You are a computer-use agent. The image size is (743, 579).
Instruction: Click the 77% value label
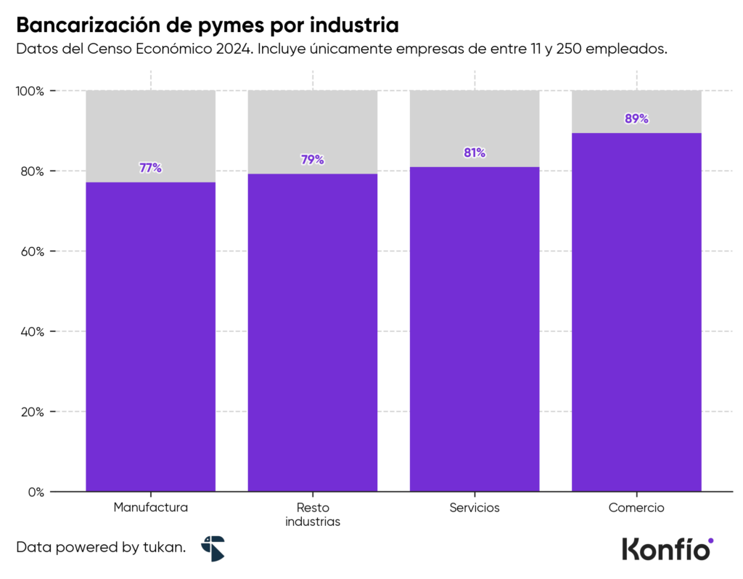coord(150,168)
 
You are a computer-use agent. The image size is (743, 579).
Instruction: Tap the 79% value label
coord(312,160)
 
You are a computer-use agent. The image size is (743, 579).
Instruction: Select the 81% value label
coord(475,153)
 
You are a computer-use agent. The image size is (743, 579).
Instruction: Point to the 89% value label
coord(636,118)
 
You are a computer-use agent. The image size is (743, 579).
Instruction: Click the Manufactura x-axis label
coord(150,508)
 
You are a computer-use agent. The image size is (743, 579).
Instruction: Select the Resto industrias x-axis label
coord(312,514)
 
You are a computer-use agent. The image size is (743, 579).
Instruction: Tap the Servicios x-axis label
coord(475,508)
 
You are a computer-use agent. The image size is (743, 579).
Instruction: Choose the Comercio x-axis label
coord(636,508)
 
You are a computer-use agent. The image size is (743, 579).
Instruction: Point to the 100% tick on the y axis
coord(30,92)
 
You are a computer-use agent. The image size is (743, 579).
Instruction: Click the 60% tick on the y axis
coord(32,251)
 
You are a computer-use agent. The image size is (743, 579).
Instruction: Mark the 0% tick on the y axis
coord(36,492)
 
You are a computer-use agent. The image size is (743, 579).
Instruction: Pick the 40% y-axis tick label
coord(32,332)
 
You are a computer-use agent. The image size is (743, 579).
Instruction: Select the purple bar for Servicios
coord(475,327)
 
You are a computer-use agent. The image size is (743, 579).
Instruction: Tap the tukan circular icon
coord(213,548)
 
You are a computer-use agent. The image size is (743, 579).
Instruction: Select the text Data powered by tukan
coord(101,548)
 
